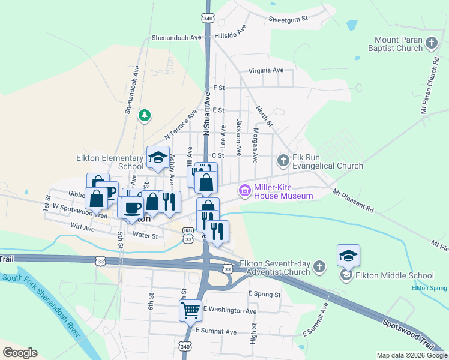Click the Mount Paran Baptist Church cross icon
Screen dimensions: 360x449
pos(431,43)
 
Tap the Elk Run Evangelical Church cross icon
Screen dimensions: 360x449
pos(283,160)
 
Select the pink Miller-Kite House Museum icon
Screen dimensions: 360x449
pos(245,191)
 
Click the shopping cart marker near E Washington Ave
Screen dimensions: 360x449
pos(190,310)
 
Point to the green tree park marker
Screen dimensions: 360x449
pos(144,115)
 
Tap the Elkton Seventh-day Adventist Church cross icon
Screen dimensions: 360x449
pos(319,266)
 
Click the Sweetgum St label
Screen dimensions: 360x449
pos(288,19)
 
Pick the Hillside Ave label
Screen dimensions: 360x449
pos(231,32)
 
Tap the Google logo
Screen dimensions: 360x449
pos(20,353)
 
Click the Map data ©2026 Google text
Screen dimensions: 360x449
pos(411,355)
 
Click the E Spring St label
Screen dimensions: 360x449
pos(264,295)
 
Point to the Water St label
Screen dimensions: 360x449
pos(145,236)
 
